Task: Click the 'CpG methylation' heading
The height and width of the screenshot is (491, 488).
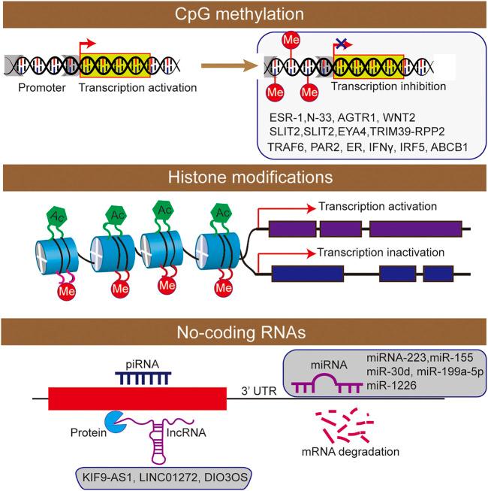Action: click(x=244, y=14)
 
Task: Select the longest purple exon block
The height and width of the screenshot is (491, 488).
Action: click(x=415, y=227)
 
